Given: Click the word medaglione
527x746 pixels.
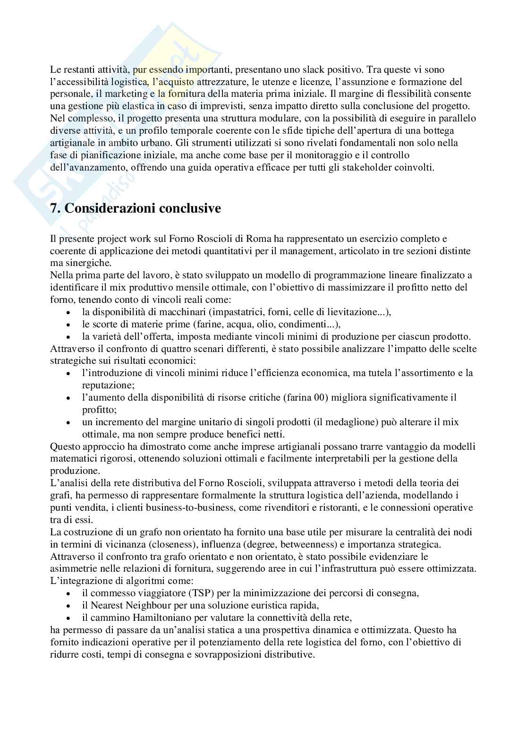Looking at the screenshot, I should tap(359, 422).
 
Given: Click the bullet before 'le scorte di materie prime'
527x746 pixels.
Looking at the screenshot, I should tap(69, 325).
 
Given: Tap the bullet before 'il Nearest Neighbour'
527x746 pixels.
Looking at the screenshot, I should tap(69, 606).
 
